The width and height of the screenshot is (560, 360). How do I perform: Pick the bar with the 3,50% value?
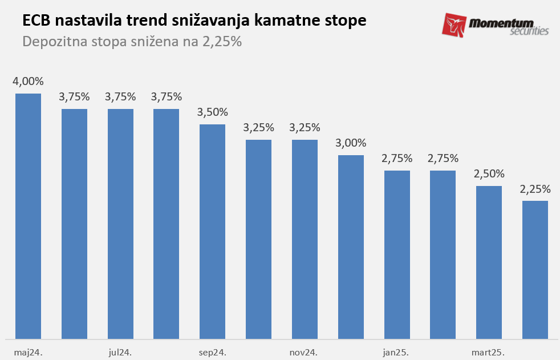click(x=212, y=232)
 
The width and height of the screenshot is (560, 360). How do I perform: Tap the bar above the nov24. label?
click(x=305, y=239)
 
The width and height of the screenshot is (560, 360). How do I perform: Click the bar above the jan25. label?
click(x=397, y=254)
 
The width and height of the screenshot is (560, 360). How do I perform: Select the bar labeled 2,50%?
click(x=489, y=262)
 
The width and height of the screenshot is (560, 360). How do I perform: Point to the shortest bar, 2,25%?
click(x=535, y=270)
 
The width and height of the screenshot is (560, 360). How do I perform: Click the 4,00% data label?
click(x=28, y=82)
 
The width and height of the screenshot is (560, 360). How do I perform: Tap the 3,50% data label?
click(x=212, y=112)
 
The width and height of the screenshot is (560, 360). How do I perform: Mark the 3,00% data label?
click(x=351, y=143)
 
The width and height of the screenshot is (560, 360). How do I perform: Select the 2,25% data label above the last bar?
click(x=535, y=189)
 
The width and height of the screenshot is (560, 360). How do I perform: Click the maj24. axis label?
click(x=29, y=352)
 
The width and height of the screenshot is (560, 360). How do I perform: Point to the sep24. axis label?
click(x=213, y=352)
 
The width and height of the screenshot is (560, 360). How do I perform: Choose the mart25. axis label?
click(x=488, y=352)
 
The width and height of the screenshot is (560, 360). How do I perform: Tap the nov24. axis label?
click(x=304, y=352)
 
